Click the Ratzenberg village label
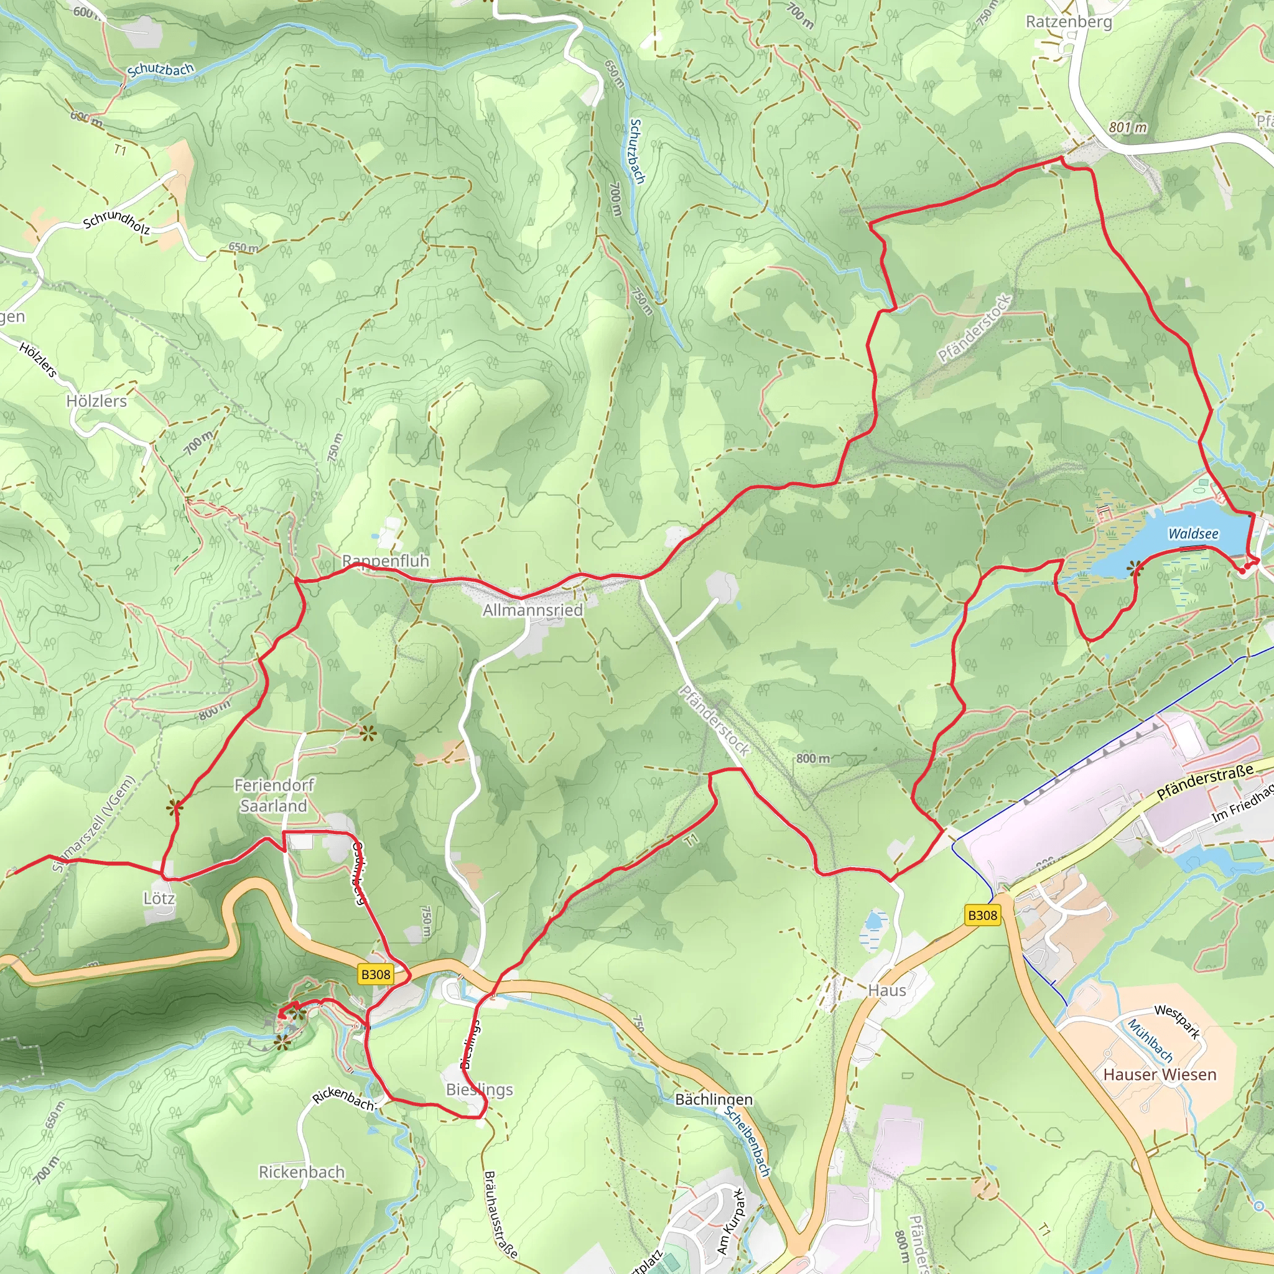pyautogui.click(x=1068, y=22)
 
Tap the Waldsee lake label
pyautogui.click(x=1193, y=534)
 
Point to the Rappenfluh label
pyautogui.click(x=385, y=560)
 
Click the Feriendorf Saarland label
pyautogui.click(x=274, y=795)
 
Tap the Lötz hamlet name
pyautogui.click(x=159, y=899)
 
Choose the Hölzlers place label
pyautogui.click(x=96, y=401)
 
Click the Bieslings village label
pyautogui.click(x=480, y=1089)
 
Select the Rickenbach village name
pyautogui.click(x=301, y=1172)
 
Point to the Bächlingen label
pyautogui.click(x=714, y=1099)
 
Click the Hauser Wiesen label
pyautogui.click(x=1160, y=1074)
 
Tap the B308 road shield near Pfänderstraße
pyautogui.click(x=982, y=915)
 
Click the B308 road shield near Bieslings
pyautogui.click(x=375, y=974)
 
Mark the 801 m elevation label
pyautogui.click(x=1127, y=128)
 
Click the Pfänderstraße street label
pyautogui.click(x=1205, y=783)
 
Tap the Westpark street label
pyautogui.click(x=1177, y=1021)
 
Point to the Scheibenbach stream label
pyautogui.click(x=748, y=1141)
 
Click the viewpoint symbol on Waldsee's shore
pyautogui.click(x=1135, y=569)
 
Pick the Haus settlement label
pyautogui.click(x=887, y=990)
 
